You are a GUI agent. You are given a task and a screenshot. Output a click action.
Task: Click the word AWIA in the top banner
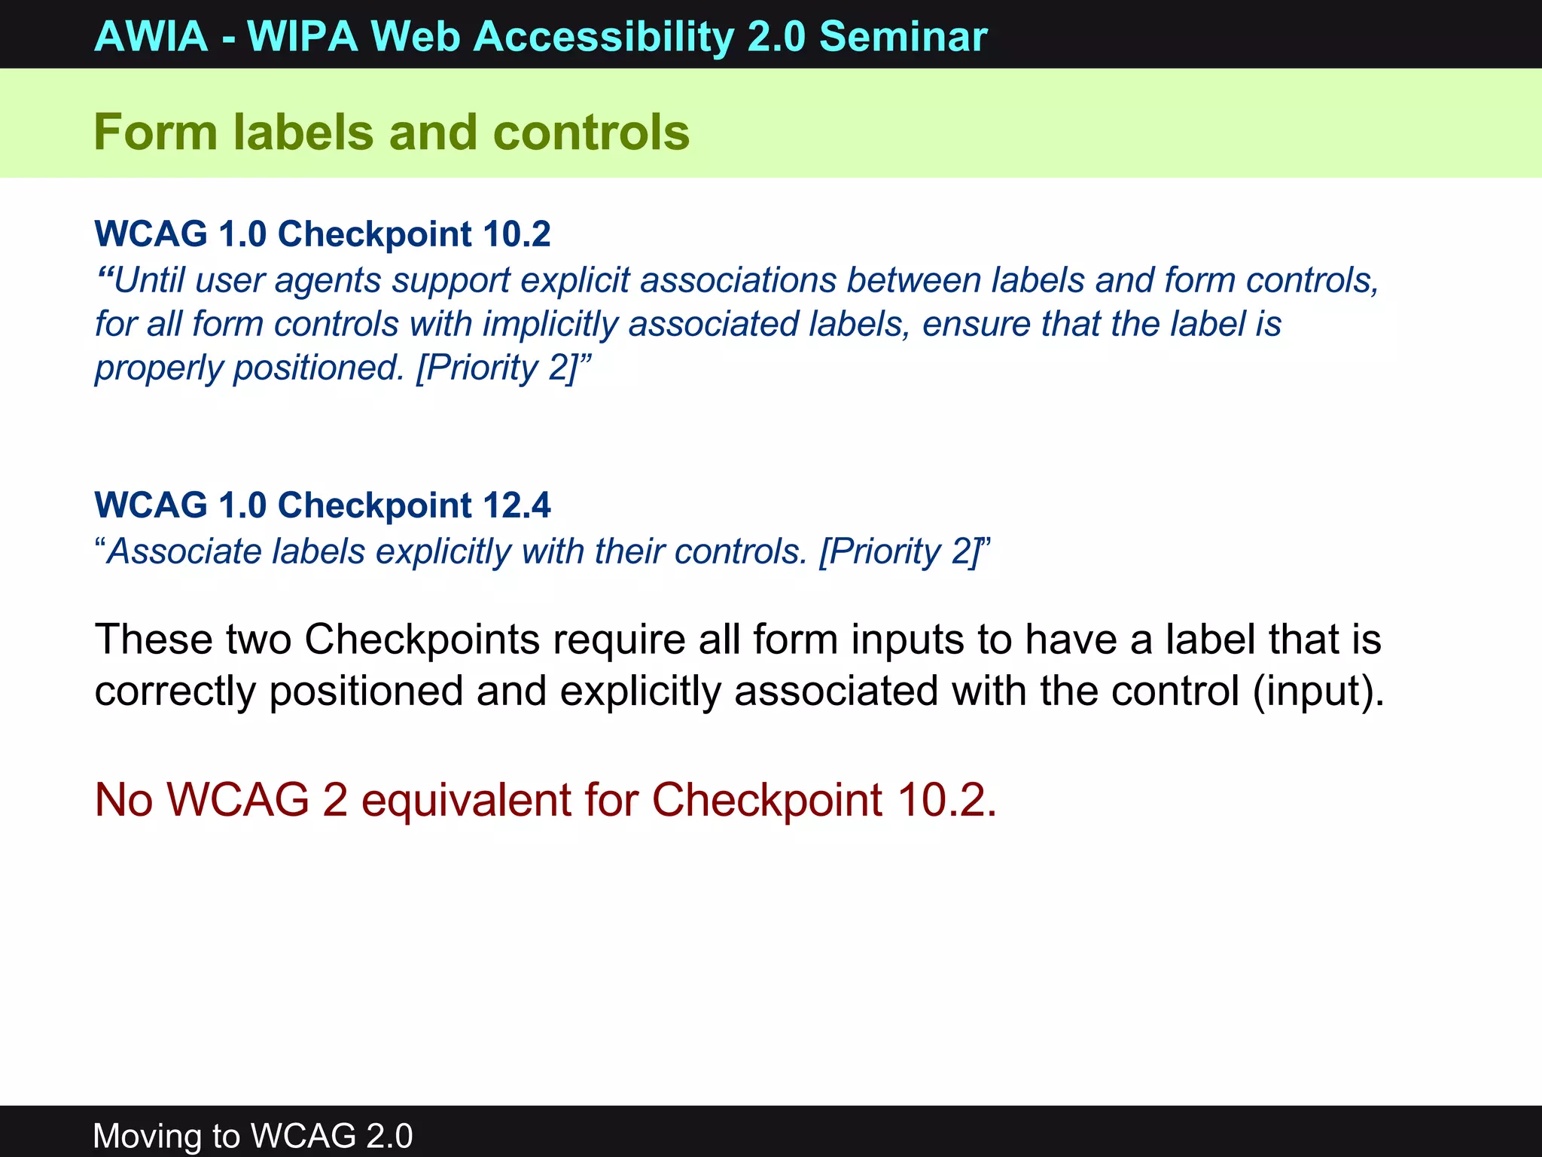click(x=151, y=36)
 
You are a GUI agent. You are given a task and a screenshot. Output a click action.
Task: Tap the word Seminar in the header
click(x=903, y=36)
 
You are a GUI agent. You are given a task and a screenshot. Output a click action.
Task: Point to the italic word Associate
click(x=184, y=551)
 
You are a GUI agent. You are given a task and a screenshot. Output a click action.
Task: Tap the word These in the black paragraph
click(x=154, y=640)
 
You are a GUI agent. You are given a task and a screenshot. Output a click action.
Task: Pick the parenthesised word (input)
click(x=1318, y=691)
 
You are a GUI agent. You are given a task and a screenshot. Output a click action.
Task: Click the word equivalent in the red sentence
click(x=466, y=799)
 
